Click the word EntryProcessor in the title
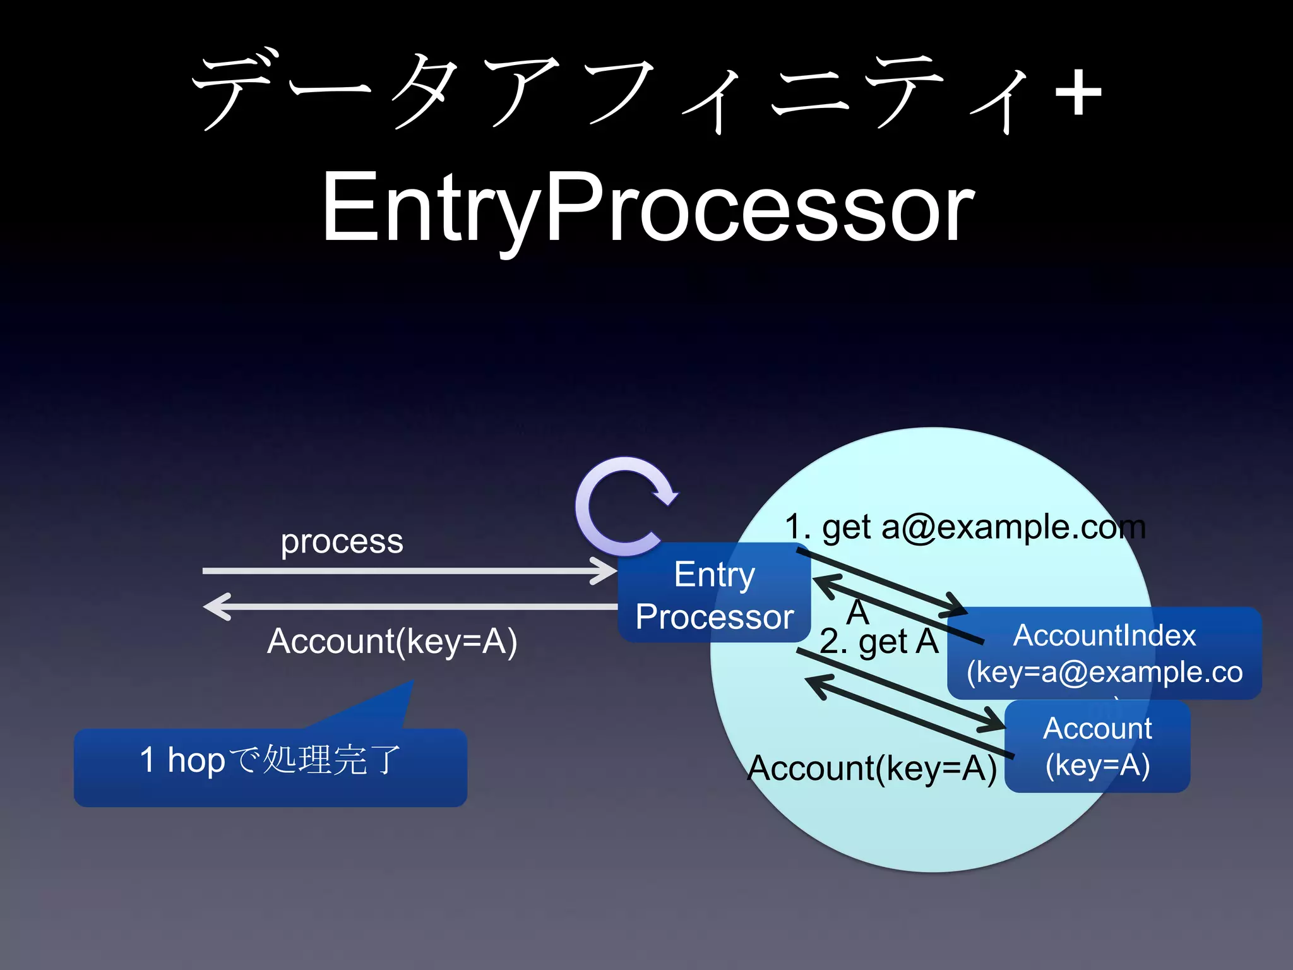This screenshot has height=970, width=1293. (648, 208)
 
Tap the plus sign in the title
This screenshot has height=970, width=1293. (1078, 93)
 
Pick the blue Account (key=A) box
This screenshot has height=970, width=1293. (1097, 746)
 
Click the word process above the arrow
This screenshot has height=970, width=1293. (342, 542)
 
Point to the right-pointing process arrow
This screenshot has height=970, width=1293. (410, 571)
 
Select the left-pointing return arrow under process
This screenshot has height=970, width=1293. (410, 607)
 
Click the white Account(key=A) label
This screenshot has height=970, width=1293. (392, 642)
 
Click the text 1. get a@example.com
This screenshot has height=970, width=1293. (965, 527)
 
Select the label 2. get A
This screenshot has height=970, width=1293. (879, 642)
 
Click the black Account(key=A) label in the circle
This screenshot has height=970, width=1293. (872, 769)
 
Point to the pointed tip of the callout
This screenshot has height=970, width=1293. (412, 683)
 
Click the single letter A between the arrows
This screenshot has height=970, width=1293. (857, 612)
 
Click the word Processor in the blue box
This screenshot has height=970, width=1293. (714, 617)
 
